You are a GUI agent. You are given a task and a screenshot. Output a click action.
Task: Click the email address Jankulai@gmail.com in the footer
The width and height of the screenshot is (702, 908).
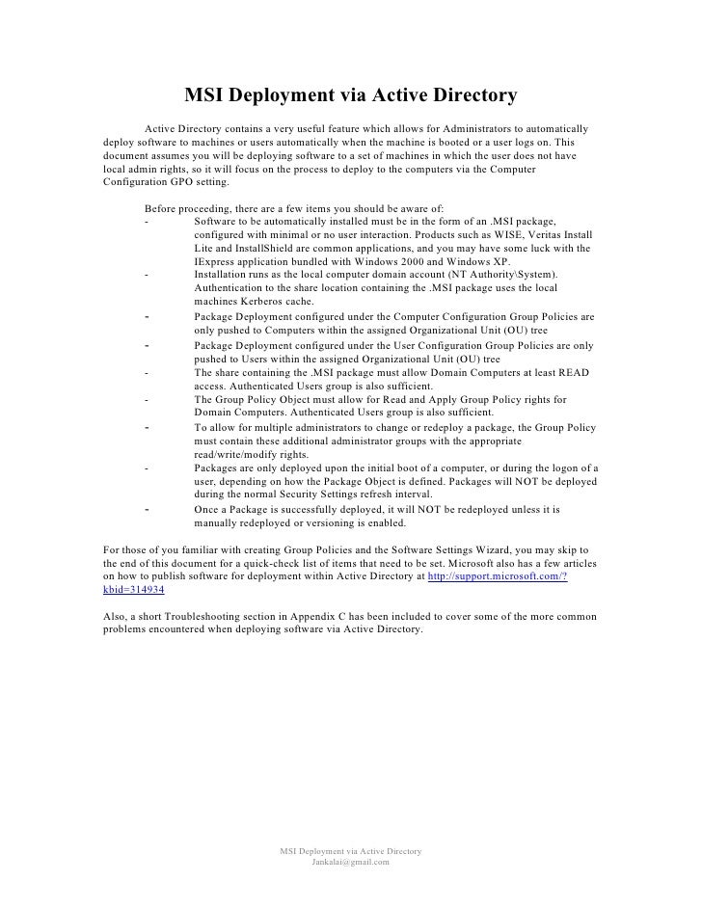(x=350, y=863)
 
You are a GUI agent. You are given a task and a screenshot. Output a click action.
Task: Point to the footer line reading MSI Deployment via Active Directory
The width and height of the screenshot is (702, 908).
(x=350, y=851)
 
